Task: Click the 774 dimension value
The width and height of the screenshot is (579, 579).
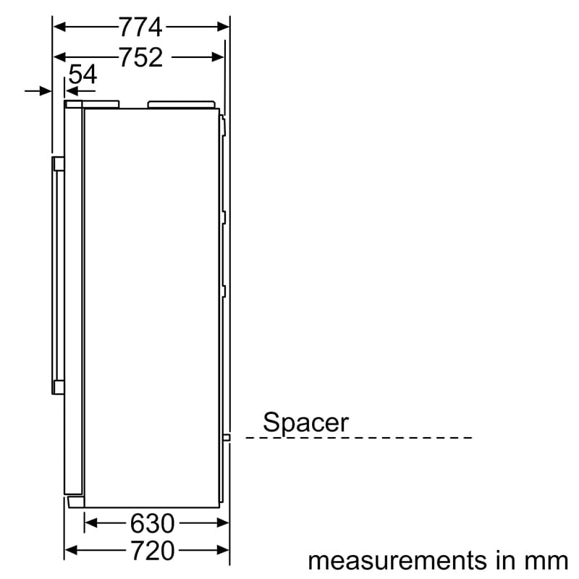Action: (140, 27)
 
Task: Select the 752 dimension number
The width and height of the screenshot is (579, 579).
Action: (141, 57)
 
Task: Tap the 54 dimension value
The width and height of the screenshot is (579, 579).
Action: (83, 75)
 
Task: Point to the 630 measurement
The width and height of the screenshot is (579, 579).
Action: (152, 523)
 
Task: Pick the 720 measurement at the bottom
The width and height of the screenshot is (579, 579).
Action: (153, 551)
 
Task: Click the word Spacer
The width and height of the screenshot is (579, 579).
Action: (305, 423)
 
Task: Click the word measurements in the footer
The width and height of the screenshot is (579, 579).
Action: (397, 561)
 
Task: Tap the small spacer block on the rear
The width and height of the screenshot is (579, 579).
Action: (227, 438)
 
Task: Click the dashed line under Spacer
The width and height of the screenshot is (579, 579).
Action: (359, 438)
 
